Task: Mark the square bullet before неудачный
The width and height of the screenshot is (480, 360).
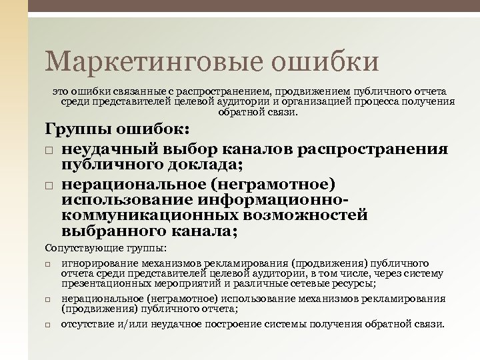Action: coord(50,149)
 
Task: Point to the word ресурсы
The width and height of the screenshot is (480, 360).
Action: coord(355,282)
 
